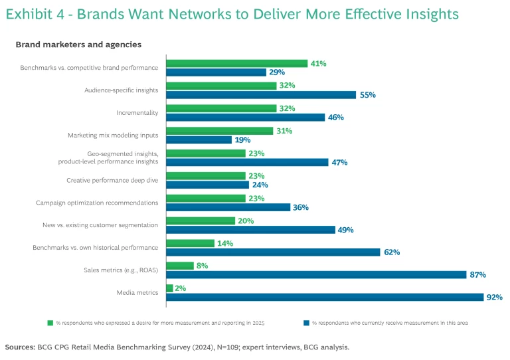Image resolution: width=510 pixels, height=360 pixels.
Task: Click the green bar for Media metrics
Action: [x=169, y=288]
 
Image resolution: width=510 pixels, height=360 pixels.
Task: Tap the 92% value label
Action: [x=494, y=298]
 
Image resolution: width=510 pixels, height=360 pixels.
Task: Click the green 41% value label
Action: [x=319, y=63]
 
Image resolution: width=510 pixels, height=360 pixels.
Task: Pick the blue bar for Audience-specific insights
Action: [x=261, y=95]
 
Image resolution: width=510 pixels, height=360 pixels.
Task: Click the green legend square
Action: [x=50, y=323]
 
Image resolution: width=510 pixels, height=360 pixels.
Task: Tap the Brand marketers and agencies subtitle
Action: [x=78, y=45]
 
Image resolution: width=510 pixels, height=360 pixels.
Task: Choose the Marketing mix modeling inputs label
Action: [x=113, y=135]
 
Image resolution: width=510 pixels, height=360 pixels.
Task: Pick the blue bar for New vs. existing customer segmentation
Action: [x=250, y=229]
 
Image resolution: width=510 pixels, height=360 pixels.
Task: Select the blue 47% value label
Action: [x=340, y=162]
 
